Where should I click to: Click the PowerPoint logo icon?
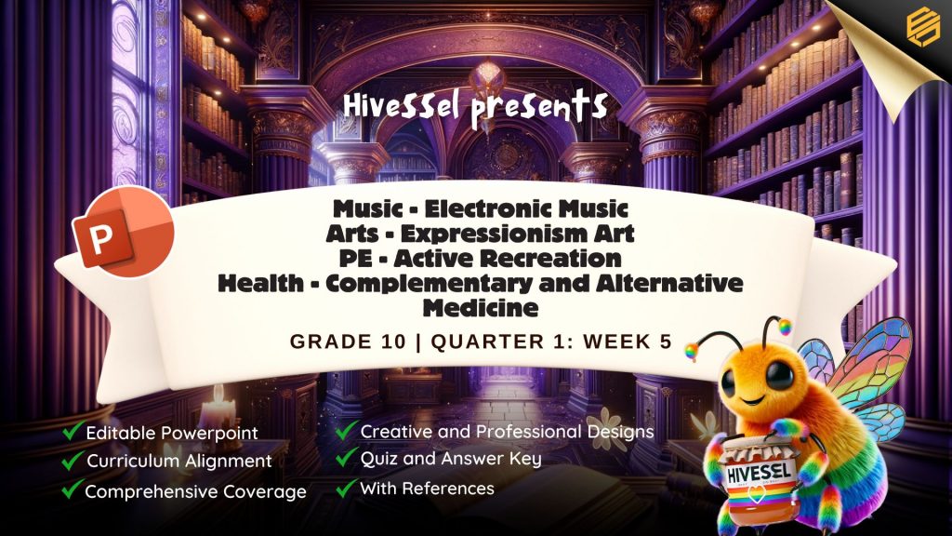click(x=124, y=232)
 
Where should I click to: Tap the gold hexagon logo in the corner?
click(x=923, y=25)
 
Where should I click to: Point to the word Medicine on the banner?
click(x=481, y=307)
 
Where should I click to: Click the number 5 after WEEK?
click(x=666, y=342)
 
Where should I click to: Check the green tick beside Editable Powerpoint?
click(x=72, y=431)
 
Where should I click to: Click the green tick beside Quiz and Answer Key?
click(x=347, y=457)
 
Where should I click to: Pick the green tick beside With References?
click(x=347, y=488)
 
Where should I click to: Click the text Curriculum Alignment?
click(x=179, y=462)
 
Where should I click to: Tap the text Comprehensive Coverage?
click(x=195, y=491)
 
